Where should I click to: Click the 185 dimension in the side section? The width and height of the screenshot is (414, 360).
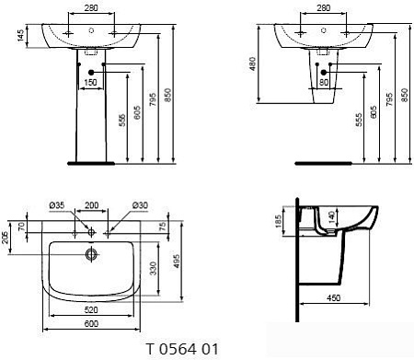click(x=280, y=222)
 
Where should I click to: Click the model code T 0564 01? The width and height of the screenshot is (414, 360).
click(x=181, y=350)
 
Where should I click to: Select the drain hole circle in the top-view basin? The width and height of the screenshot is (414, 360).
click(x=91, y=252)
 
